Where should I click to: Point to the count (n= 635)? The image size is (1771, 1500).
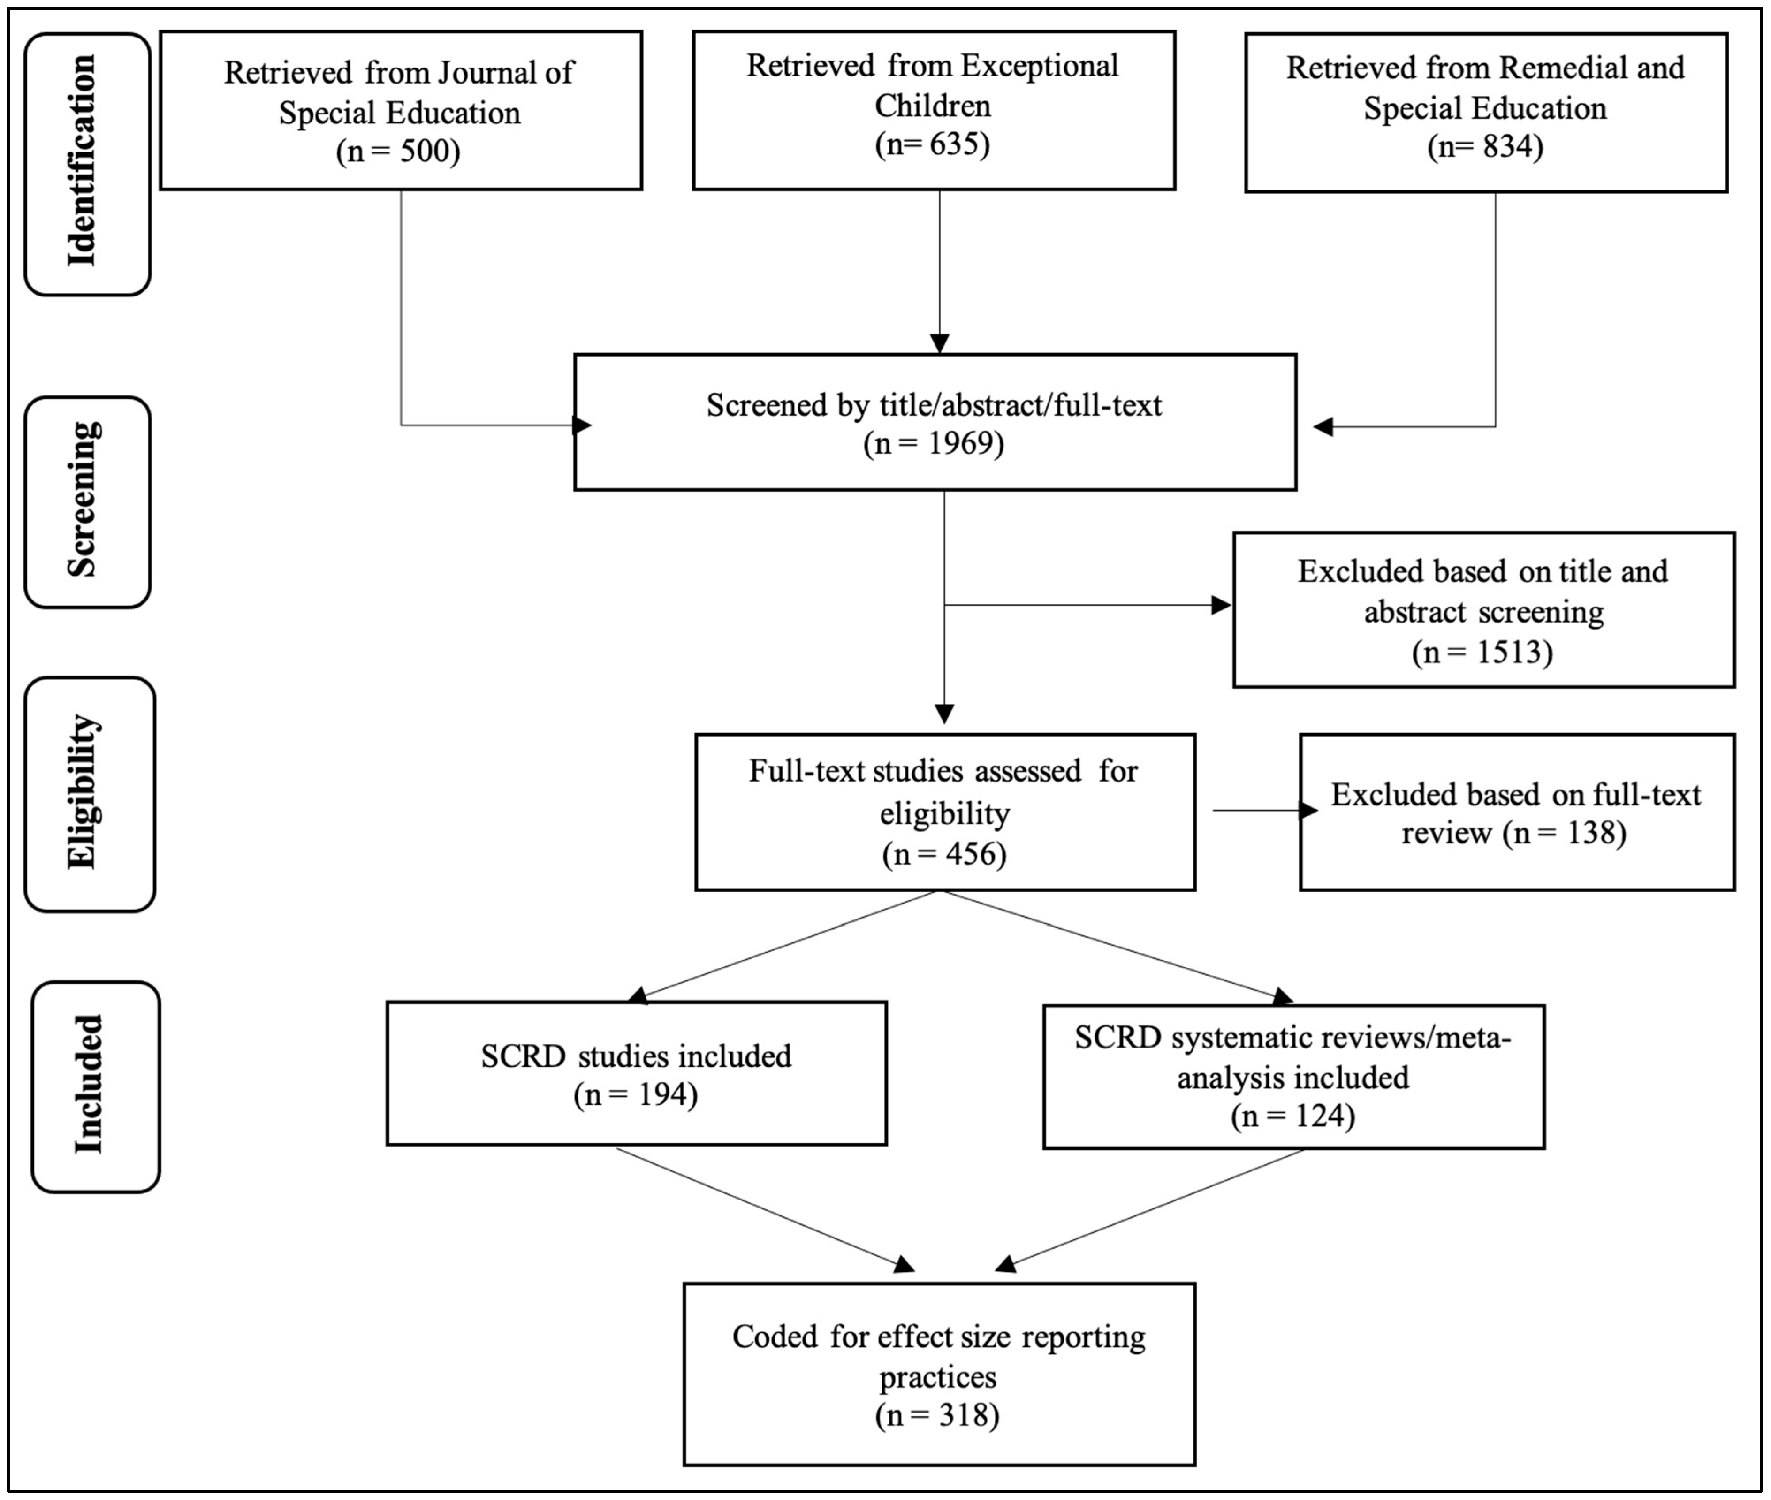933,144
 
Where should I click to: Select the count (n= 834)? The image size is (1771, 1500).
1485,146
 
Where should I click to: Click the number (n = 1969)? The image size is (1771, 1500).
934,443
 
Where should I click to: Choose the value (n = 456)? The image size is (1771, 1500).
945,853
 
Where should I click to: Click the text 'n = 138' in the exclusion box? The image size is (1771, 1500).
1564,832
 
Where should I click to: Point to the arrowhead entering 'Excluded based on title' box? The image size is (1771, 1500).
1222,605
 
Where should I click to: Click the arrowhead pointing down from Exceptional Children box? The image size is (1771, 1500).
939,343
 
